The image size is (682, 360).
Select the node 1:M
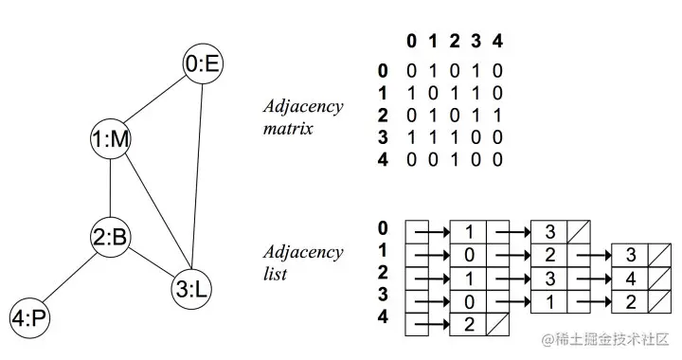click(x=111, y=139)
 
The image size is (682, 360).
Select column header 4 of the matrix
click(x=497, y=41)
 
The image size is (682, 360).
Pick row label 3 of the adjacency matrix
click(x=383, y=138)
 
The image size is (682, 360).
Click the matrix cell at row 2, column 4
click(x=497, y=116)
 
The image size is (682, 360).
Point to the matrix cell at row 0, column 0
click(x=410, y=70)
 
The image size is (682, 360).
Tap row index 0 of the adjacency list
click(x=383, y=228)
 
